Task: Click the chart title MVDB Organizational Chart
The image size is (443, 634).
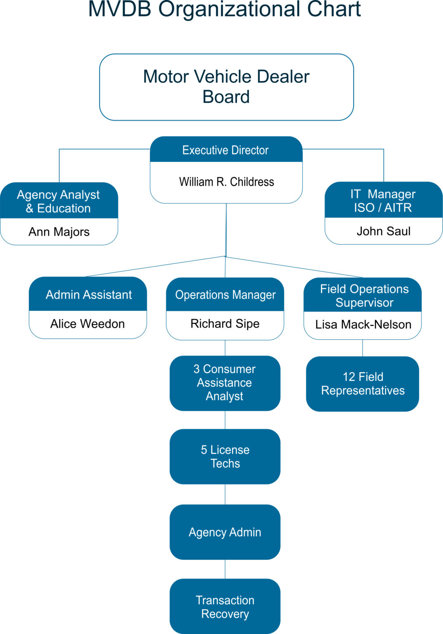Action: click(224, 9)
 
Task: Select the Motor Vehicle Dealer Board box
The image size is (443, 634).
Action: click(226, 87)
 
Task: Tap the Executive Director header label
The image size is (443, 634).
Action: click(226, 150)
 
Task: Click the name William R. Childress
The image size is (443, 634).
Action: click(226, 182)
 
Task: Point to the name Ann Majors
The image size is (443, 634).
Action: click(59, 232)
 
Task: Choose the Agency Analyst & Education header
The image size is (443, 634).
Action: click(59, 201)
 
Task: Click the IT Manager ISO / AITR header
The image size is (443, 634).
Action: click(383, 201)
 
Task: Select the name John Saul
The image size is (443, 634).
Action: click(384, 231)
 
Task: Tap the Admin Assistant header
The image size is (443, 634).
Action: click(88, 295)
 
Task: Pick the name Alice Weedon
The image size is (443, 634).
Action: click(87, 324)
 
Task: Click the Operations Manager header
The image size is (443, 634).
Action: click(225, 295)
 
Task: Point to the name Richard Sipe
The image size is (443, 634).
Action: click(225, 324)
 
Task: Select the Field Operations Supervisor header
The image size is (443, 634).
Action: click(364, 296)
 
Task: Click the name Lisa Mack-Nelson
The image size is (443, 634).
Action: click(363, 325)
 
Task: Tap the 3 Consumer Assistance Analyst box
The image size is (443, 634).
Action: click(225, 383)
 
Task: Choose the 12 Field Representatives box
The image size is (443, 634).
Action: click(363, 384)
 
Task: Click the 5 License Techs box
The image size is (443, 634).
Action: click(225, 457)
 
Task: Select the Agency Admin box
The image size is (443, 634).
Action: click(225, 532)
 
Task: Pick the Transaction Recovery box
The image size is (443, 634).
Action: click(225, 607)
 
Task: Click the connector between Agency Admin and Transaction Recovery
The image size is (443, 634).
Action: click(225, 569)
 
